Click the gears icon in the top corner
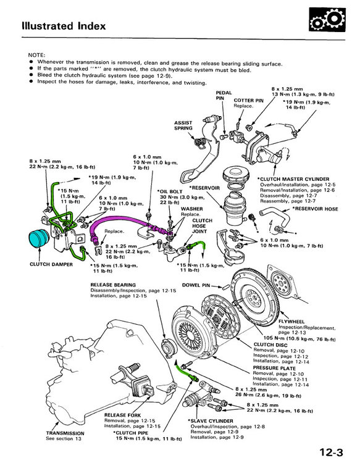(327, 20)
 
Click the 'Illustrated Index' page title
(64, 26)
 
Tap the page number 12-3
(331, 452)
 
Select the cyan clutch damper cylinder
(39, 238)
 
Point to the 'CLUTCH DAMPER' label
(51, 264)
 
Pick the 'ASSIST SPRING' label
(183, 125)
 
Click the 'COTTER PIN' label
(248, 101)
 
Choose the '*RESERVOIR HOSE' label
(315, 209)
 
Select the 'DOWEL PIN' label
(196, 285)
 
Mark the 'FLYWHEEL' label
(291, 322)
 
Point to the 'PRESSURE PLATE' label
(274, 368)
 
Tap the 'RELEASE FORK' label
(122, 415)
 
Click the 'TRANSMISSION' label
(65, 433)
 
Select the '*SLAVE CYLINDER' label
(211, 421)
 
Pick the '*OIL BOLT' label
(170, 191)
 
